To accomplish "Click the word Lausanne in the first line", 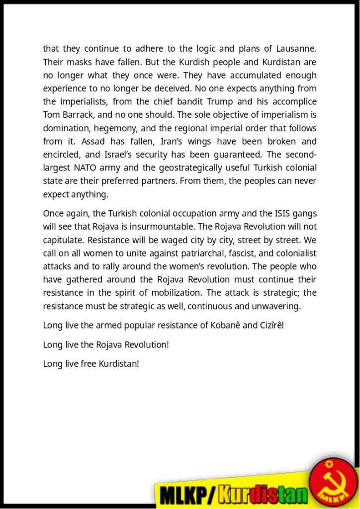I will (x=295, y=49).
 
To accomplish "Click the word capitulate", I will (x=64, y=240).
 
